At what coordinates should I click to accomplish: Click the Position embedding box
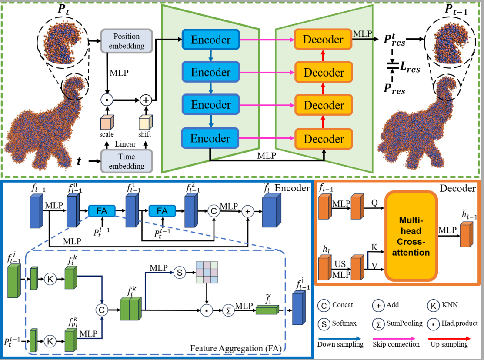126,40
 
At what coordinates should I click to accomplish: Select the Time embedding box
126,161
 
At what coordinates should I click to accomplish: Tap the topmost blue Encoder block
210,40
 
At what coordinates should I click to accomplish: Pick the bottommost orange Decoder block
324,139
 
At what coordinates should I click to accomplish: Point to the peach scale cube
107,122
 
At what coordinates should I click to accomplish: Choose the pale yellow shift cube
144,122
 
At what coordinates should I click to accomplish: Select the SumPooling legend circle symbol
378,323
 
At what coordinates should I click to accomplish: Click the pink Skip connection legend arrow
391,338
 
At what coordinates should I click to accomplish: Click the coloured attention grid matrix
206,273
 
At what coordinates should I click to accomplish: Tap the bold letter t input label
79,162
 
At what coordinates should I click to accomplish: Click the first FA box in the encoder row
101,211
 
